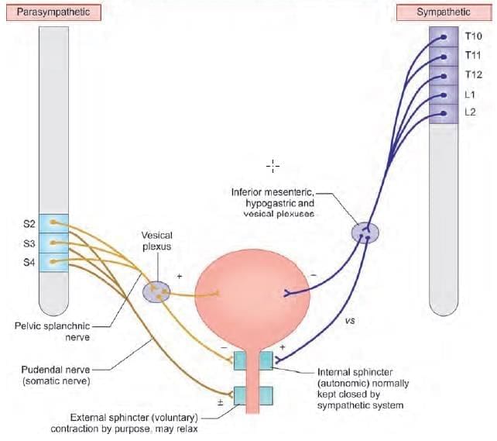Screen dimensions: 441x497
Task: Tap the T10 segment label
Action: (x=473, y=36)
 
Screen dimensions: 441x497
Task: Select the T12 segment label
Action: (x=473, y=75)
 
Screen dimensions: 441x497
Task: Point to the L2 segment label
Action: (x=470, y=113)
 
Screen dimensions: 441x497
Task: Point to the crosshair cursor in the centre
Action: (x=272, y=165)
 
